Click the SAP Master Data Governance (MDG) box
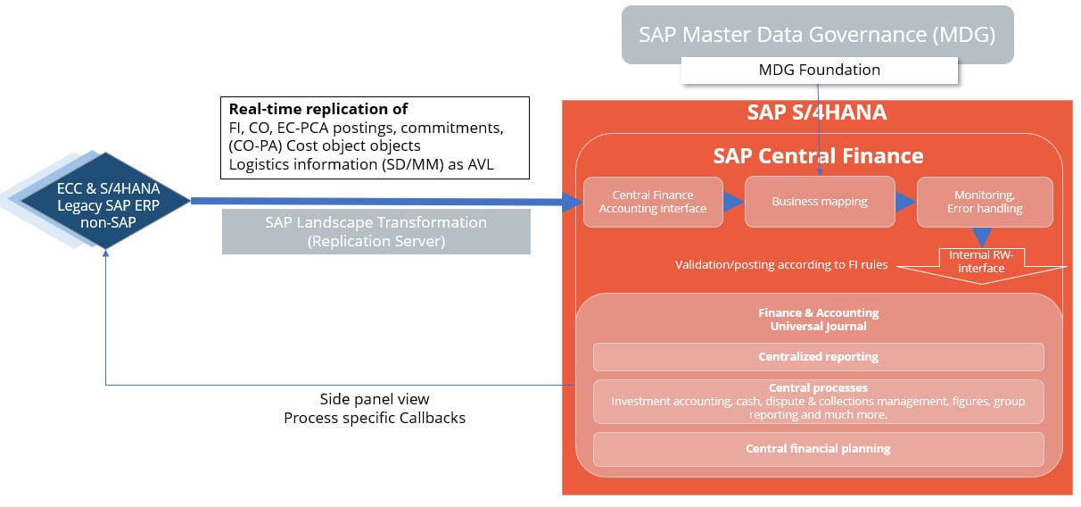817,34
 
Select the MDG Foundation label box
819,70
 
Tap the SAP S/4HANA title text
816,113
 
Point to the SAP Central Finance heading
818,156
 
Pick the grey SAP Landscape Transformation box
376,231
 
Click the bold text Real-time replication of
318,109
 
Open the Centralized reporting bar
818,357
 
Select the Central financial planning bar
818,449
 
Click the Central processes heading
818,388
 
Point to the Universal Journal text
818,327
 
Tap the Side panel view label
374,399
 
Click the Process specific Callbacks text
374,418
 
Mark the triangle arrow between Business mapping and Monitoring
906,202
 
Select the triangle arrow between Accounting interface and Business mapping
733,202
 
